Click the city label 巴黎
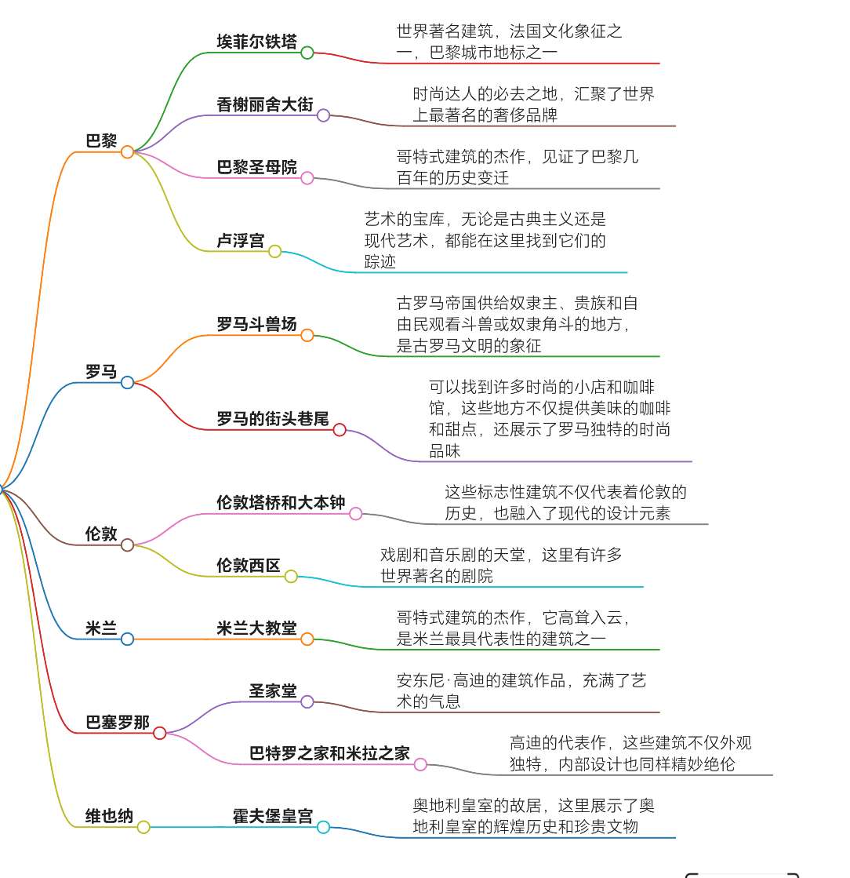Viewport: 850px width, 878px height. click(x=101, y=140)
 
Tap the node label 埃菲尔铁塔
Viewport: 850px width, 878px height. click(x=257, y=42)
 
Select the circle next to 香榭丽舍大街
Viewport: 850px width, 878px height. click(x=323, y=115)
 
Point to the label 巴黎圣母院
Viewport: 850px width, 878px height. click(x=257, y=167)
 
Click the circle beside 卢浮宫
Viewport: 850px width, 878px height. click(x=274, y=251)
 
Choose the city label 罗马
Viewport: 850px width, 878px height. click(x=101, y=371)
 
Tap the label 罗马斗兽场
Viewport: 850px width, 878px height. click(x=257, y=323)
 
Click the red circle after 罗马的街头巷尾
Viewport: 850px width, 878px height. click(x=340, y=430)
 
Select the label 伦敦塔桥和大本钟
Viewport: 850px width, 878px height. click(x=281, y=502)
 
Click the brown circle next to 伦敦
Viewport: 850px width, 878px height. click(x=128, y=545)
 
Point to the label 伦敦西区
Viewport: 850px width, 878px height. click(x=249, y=565)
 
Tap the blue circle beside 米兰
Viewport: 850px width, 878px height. click(x=128, y=639)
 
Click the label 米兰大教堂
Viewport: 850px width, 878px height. click(x=257, y=628)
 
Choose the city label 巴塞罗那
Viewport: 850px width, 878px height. click(x=118, y=722)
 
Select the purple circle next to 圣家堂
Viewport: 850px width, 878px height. click(x=307, y=701)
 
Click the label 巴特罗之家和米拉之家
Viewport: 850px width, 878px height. click(x=329, y=753)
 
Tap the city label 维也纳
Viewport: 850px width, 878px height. click(x=109, y=816)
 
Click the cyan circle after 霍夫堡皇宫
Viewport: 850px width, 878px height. click(x=323, y=827)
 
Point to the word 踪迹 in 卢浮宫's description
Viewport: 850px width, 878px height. click(x=380, y=261)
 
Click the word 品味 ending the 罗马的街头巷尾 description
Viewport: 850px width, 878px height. click(x=445, y=450)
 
